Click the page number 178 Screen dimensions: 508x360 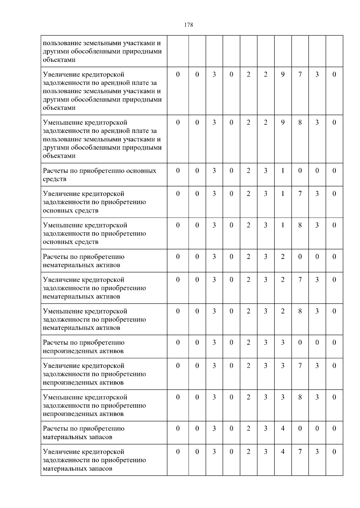[x=188, y=25]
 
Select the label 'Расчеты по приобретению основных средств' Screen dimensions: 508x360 [x=100, y=175]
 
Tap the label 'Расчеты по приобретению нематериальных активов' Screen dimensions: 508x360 [x=84, y=261]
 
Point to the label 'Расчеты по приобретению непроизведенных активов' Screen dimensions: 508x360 [x=84, y=347]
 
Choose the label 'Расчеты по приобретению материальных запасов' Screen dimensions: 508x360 [x=84, y=433]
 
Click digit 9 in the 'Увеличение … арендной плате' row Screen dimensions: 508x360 [x=283, y=75]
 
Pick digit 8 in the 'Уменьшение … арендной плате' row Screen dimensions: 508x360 [x=300, y=122]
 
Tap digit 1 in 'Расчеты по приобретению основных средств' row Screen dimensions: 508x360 [x=283, y=171]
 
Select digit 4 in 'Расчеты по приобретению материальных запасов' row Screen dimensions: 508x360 [x=283, y=429]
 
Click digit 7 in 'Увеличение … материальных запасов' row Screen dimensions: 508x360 [x=300, y=452]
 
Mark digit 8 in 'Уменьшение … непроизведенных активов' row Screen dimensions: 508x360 [x=300, y=397]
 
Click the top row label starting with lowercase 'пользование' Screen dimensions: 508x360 [x=102, y=51]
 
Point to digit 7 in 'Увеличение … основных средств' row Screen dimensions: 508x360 [x=300, y=194]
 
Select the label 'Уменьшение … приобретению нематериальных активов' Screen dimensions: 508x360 [x=94, y=319]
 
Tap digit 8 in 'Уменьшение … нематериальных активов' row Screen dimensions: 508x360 [x=300, y=311]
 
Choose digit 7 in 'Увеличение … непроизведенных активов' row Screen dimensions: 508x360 [x=300, y=366]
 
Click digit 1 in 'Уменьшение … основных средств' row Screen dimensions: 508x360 [x=283, y=225]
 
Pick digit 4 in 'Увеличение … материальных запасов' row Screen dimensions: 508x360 [x=283, y=452]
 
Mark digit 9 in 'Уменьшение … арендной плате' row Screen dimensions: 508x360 [x=283, y=122]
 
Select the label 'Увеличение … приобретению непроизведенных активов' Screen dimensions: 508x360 [x=94, y=374]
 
